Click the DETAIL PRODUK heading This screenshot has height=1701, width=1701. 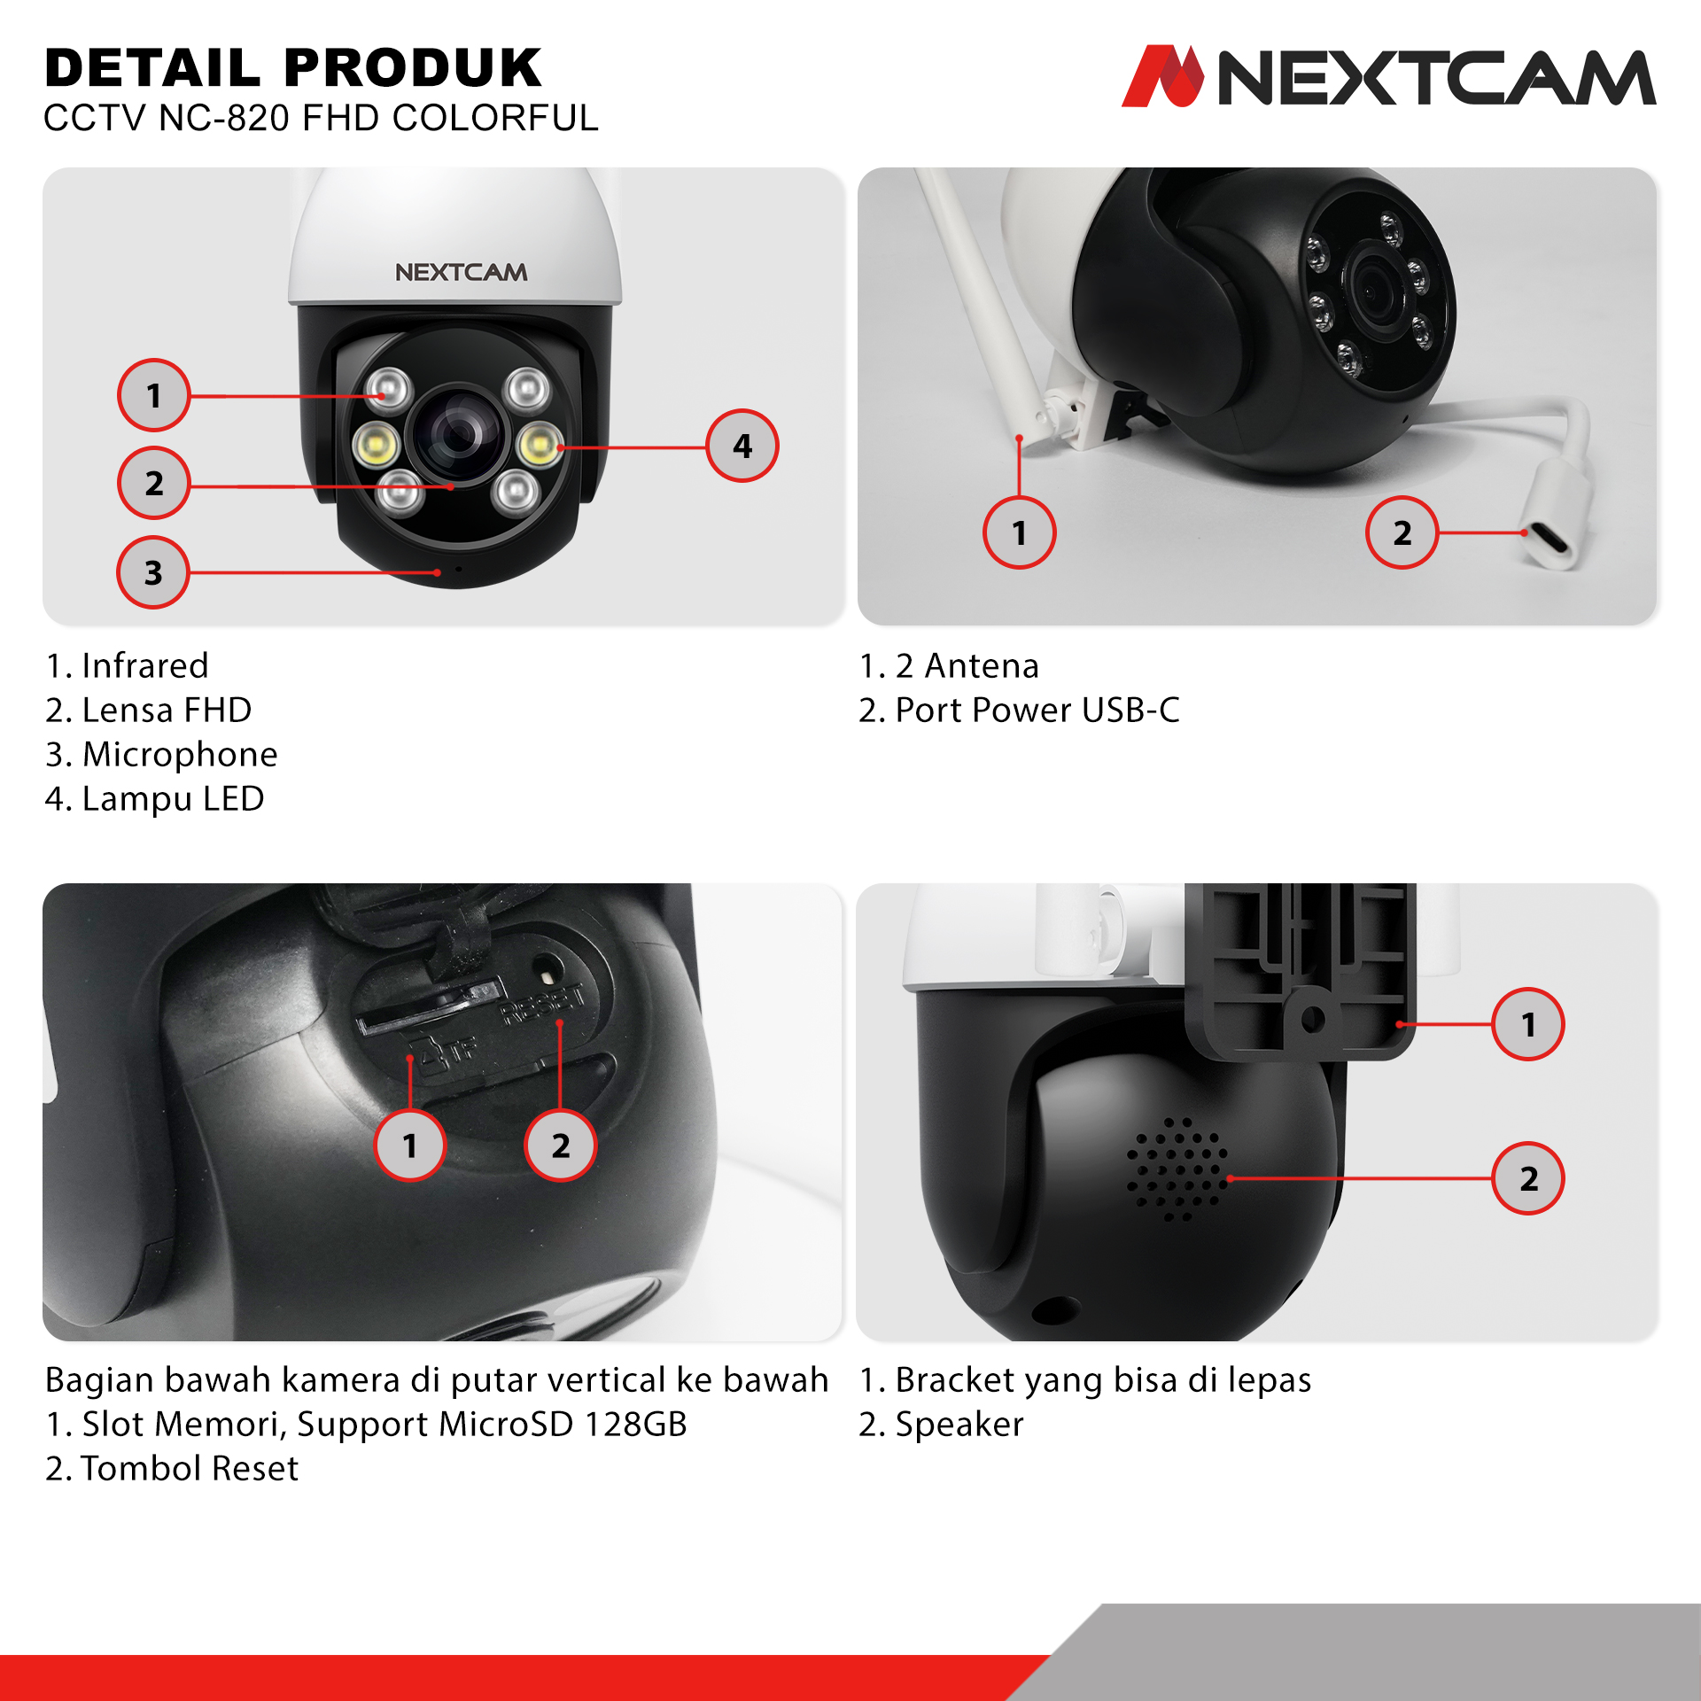(293, 68)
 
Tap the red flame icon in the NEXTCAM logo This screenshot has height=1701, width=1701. (1163, 76)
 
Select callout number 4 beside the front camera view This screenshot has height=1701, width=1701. (742, 446)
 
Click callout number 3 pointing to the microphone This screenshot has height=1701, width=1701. (153, 572)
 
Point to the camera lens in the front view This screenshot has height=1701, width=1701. (459, 434)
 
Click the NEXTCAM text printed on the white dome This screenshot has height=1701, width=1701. (461, 272)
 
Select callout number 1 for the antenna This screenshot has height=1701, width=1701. (1020, 532)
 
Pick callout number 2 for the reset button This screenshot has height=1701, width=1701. (561, 1146)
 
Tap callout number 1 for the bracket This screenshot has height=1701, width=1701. (1528, 1024)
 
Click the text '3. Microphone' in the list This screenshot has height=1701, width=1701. (161, 754)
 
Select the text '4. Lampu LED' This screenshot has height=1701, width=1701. (154, 798)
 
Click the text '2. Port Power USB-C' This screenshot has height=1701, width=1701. (1019, 710)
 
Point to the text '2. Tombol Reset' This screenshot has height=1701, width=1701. (172, 1468)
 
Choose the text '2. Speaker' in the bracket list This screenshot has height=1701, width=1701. (941, 1424)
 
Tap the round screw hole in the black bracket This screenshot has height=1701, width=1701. (1313, 1019)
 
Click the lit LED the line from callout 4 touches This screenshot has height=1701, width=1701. (538, 445)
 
